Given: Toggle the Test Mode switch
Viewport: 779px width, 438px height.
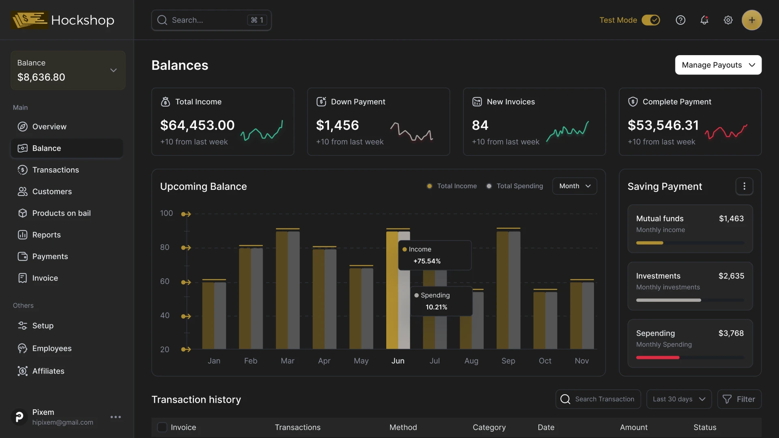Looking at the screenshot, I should pyautogui.click(x=650, y=20).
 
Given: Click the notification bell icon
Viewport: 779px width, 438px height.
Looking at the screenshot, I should pyautogui.click(x=704, y=20).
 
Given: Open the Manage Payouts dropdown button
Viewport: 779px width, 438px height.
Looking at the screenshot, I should pyautogui.click(x=718, y=65).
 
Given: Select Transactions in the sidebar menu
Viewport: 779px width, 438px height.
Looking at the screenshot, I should pyautogui.click(x=56, y=170).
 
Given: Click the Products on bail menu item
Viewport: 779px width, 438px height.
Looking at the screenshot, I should pyautogui.click(x=61, y=213).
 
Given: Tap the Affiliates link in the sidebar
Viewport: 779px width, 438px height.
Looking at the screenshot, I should pyautogui.click(x=48, y=371).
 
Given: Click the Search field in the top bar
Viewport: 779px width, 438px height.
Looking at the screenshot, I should pyautogui.click(x=207, y=20).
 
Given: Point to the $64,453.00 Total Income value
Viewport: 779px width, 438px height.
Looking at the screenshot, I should pyautogui.click(x=197, y=125).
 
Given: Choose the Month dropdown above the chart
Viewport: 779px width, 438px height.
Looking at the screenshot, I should pyautogui.click(x=574, y=186).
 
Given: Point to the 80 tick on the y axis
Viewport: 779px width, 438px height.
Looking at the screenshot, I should pyautogui.click(x=165, y=247).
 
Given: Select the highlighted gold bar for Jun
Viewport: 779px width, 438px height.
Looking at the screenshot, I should pyautogui.click(x=392, y=290).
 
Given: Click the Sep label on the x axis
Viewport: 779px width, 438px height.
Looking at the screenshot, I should pyautogui.click(x=508, y=361).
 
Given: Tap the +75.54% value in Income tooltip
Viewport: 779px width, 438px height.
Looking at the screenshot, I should pyautogui.click(x=427, y=261).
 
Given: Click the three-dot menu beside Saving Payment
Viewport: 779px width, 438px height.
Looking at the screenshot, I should pyautogui.click(x=744, y=186).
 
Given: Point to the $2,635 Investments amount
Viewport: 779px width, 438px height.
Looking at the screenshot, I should pyautogui.click(x=731, y=276).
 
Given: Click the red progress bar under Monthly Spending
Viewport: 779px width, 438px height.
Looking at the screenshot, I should pyautogui.click(x=657, y=358).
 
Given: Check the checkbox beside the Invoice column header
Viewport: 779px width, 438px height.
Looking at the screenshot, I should pyautogui.click(x=162, y=427).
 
